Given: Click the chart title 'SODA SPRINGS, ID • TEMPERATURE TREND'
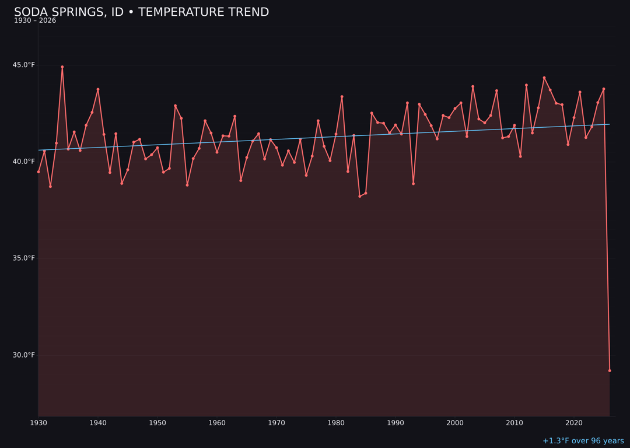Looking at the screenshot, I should [141, 12].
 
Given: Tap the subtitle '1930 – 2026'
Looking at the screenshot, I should [35, 21].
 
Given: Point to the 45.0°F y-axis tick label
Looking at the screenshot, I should [24, 65].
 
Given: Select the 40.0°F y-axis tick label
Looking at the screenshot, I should [24, 162].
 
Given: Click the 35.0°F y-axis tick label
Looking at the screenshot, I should [24, 258].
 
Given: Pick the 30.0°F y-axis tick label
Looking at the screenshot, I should [24, 355].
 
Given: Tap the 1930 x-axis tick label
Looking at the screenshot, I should [38, 423].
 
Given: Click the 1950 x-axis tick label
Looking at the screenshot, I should [157, 423].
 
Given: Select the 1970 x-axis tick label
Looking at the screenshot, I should [276, 423].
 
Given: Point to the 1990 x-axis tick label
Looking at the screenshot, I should [395, 423].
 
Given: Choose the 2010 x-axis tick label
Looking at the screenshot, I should [514, 423].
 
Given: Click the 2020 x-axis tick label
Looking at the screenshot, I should [574, 423].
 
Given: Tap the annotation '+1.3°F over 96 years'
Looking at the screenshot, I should [583, 441].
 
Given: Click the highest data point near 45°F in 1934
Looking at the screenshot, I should [62, 67].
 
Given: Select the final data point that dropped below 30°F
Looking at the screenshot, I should [610, 370].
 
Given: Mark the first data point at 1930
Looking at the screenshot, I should [38, 171].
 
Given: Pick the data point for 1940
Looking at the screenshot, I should [98, 89].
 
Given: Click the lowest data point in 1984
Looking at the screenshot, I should [360, 196].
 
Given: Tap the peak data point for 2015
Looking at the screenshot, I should [544, 78].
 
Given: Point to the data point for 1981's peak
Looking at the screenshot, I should [342, 97].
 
